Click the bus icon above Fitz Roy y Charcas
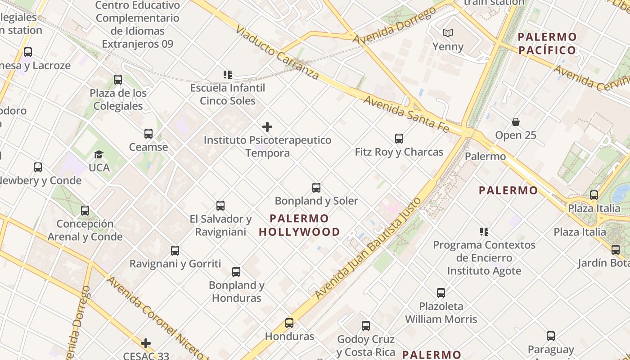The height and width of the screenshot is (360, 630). [399, 139]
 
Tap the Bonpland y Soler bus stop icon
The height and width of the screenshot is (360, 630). [316, 188]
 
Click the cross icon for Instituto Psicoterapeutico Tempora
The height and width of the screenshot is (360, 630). [267, 127]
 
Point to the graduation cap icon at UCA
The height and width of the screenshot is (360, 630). [99, 155]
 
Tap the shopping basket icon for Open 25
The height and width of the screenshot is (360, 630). [516, 122]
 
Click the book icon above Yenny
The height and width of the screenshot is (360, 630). [447, 33]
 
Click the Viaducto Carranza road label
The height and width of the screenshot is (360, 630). [277, 53]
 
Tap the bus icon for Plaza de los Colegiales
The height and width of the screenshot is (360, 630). [118, 80]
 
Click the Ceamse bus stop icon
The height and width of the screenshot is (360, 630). [148, 134]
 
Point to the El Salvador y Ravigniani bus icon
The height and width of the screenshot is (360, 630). [220, 206]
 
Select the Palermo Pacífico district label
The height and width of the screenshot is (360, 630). [547, 43]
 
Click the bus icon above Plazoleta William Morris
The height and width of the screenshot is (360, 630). [441, 293]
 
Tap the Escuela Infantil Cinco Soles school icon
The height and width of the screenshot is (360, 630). [228, 74]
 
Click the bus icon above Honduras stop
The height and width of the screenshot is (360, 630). [289, 323]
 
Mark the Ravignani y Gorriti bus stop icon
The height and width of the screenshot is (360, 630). [175, 251]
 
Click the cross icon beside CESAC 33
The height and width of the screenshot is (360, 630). [146, 343]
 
